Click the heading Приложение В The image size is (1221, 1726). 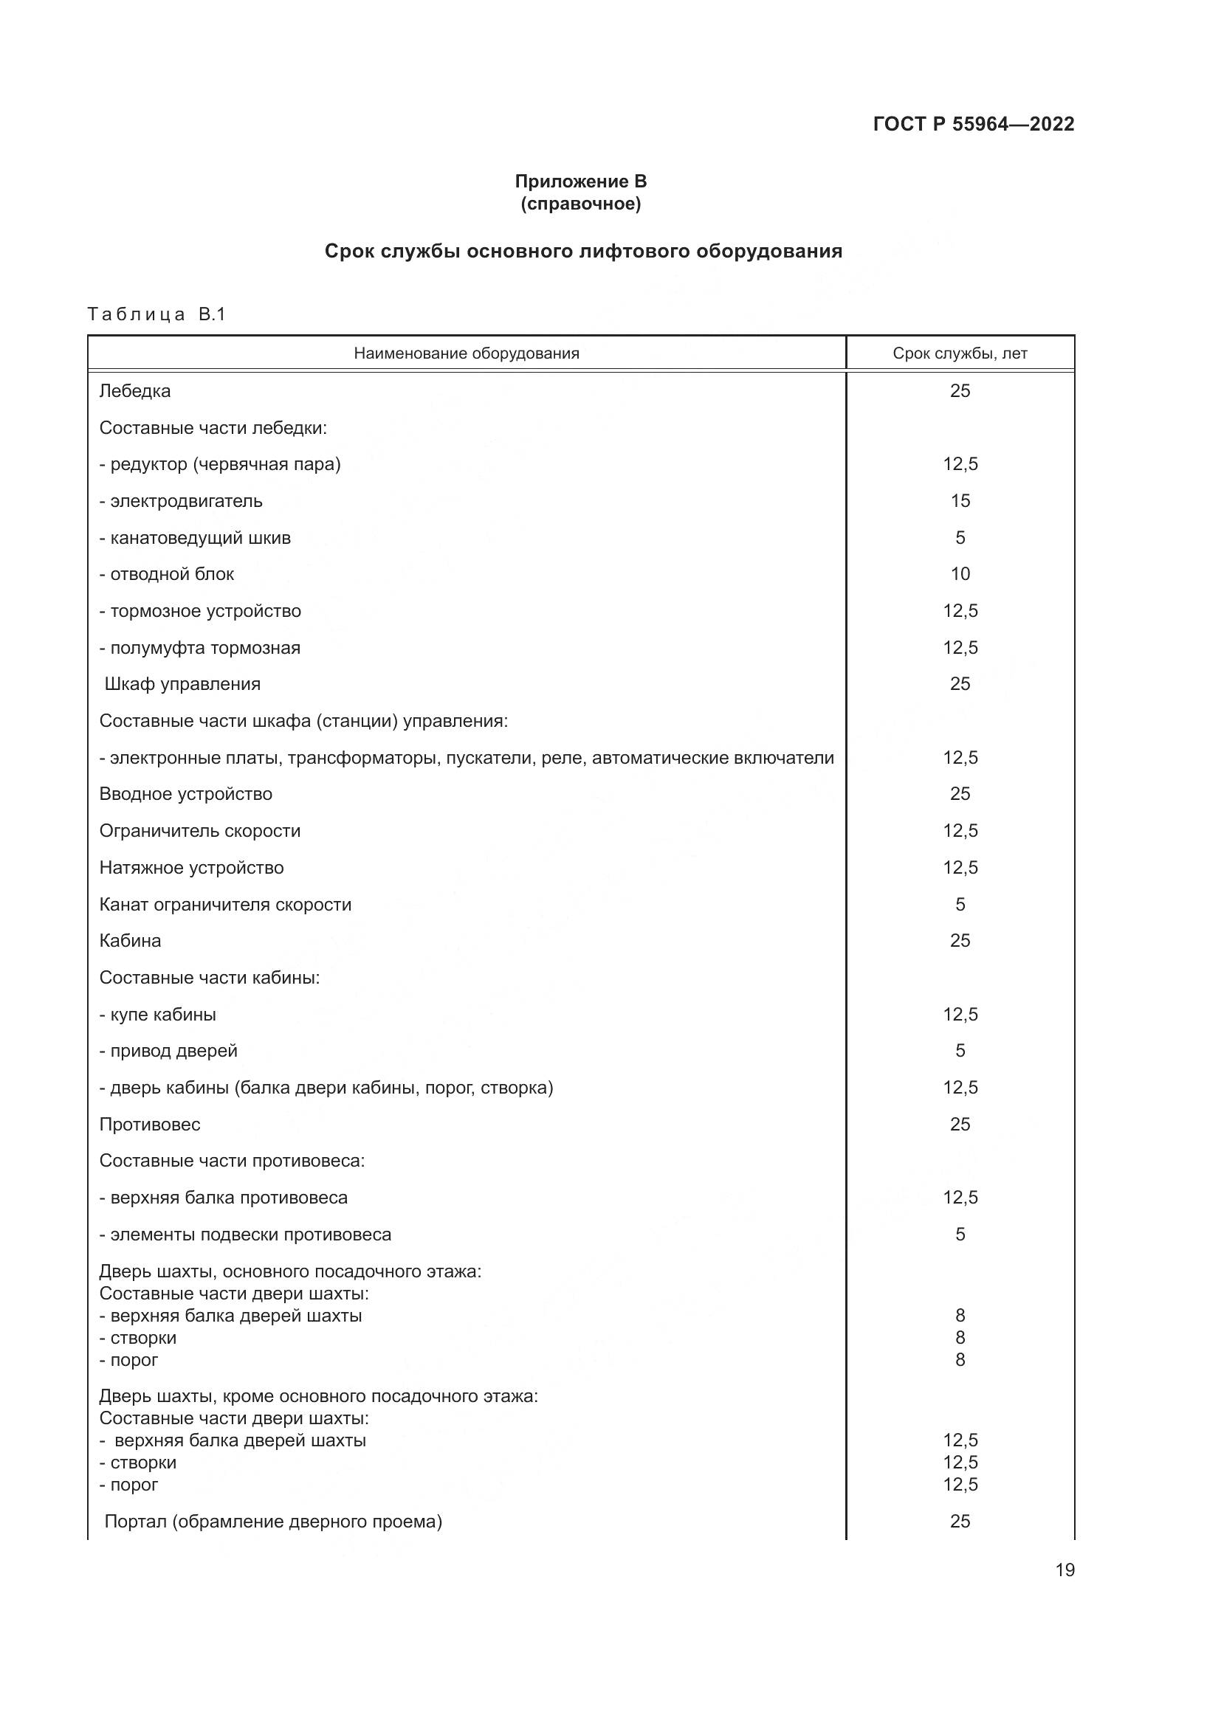[x=580, y=182]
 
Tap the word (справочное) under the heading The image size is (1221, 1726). [x=580, y=204]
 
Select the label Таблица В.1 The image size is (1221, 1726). [x=157, y=314]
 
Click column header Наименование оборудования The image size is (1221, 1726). [x=466, y=353]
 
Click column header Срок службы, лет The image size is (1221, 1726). [x=960, y=353]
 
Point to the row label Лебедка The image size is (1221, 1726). [x=135, y=391]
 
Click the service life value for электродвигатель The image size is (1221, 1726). [x=960, y=500]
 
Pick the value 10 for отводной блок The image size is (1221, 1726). [x=960, y=573]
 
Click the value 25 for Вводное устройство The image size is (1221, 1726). [x=960, y=794]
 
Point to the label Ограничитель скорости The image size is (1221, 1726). [x=200, y=831]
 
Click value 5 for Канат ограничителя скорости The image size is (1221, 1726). [x=960, y=905]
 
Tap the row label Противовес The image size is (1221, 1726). [x=150, y=1125]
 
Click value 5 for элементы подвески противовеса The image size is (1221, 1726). [x=960, y=1235]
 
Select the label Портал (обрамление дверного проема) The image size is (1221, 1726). [x=273, y=1522]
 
